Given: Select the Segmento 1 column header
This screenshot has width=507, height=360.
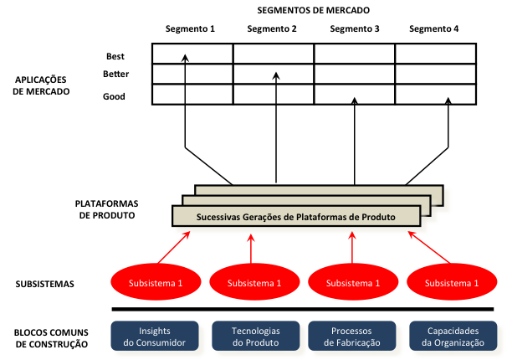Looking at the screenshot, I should pos(190,29).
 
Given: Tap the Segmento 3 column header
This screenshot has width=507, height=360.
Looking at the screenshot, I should pos(355,29).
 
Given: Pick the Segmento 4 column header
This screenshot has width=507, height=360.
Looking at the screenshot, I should pos(433,29).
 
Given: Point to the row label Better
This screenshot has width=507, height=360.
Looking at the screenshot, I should pos(115,75).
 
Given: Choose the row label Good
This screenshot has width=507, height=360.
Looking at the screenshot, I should pos(114,96).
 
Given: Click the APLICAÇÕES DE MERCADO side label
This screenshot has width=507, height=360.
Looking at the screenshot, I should pos(43,85).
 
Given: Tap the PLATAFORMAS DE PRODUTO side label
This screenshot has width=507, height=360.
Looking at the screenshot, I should pos(106,208).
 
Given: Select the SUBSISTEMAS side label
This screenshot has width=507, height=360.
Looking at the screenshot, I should pos(44,284).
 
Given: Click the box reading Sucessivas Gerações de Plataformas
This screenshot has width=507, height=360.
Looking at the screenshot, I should pos(296,216).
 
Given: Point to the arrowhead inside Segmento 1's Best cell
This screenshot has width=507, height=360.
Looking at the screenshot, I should pos(185,57).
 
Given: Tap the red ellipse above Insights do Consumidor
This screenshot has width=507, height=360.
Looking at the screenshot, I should pos(155,284).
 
